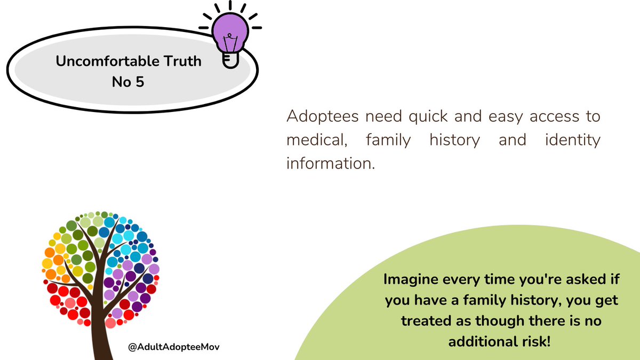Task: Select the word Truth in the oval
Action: tap(183, 61)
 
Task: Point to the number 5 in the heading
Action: tap(139, 83)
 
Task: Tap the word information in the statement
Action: tap(331, 163)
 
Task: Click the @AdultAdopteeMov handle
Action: tap(174, 347)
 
